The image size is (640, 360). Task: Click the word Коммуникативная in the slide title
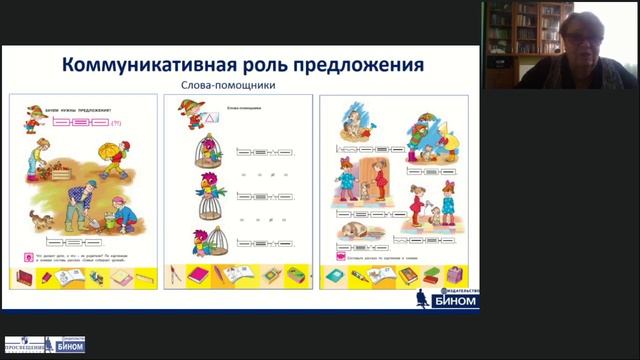tap(138, 66)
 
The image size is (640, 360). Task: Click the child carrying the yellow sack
tap(113, 158)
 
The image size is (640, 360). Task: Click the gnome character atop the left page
tap(33, 121)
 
